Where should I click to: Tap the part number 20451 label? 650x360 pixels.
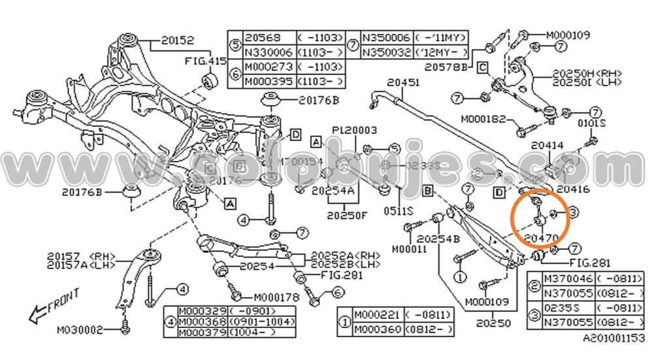[402, 82]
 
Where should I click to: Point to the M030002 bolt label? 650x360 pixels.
[80, 330]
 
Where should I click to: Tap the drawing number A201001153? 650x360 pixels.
[613, 338]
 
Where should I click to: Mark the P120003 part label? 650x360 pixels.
[354, 131]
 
